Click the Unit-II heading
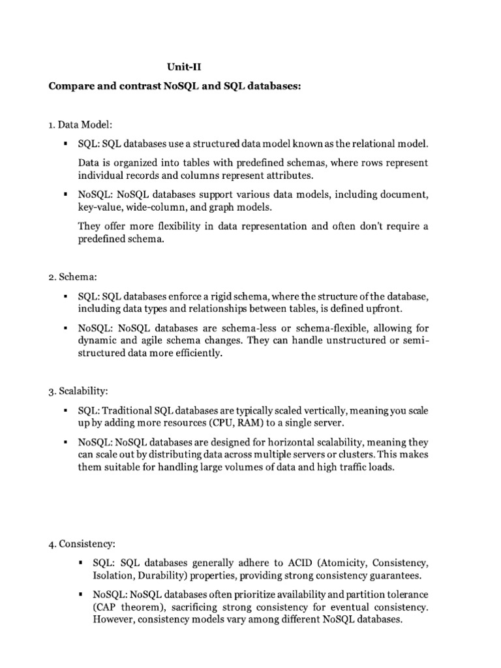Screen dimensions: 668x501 pyautogui.click(x=182, y=66)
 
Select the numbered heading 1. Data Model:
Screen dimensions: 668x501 pyautogui.click(x=85, y=124)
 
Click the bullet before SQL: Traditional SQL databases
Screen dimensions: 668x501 pyautogui.click(x=66, y=410)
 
